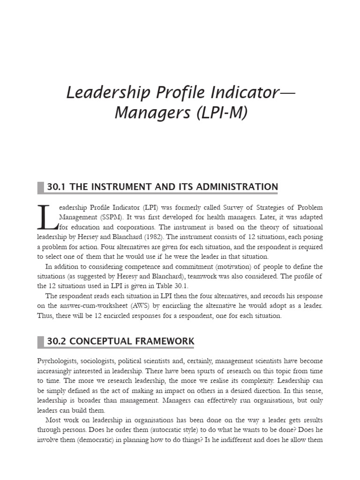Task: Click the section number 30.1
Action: [57, 187]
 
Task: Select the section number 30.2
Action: [57, 341]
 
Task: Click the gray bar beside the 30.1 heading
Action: [40, 187]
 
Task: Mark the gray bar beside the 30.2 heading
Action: [40, 341]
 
